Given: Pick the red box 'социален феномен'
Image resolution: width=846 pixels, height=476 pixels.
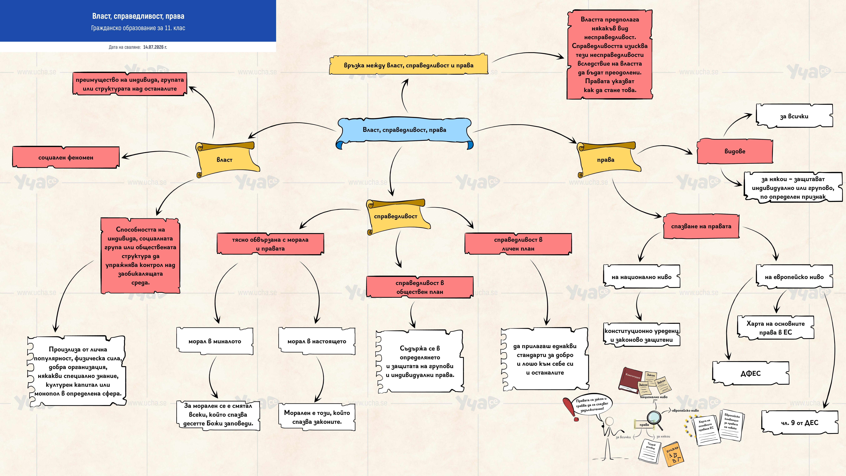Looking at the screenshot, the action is click(x=66, y=157).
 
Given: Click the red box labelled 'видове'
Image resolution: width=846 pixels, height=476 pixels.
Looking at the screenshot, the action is click(x=735, y=151).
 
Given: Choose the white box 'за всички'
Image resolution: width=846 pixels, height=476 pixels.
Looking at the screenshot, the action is click(x=794, y=116).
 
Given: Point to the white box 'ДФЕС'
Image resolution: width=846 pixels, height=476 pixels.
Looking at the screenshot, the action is click(x=750, y=373).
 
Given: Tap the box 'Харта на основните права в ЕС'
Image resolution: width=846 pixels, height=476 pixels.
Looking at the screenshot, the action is click(x=775, y=328).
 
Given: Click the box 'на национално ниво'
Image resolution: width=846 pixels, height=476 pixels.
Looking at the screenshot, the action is click(x=641, y=277).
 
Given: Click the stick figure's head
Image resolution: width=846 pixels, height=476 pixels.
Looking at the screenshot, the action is click(x=609, y=421).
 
